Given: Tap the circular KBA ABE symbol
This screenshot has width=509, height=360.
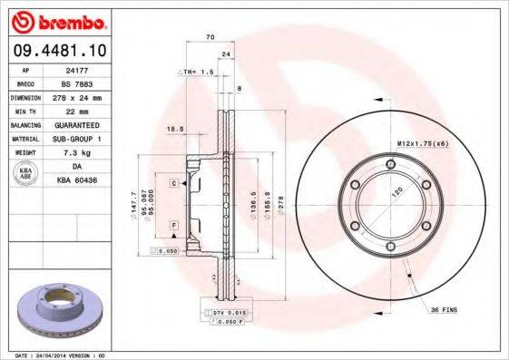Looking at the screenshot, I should pyautogui.click(x=26, y=173).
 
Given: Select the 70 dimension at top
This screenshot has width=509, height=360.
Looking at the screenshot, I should pyautogui.click(x=210, y=37).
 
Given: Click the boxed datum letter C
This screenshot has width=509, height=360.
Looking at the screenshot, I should pyautogui.click(x=173, y=184).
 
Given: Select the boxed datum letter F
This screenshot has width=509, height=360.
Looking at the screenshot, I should pyautogui.click(x=173, y=224).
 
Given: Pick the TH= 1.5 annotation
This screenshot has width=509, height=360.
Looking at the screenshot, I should pyautogui.click(x=200, y=71).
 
